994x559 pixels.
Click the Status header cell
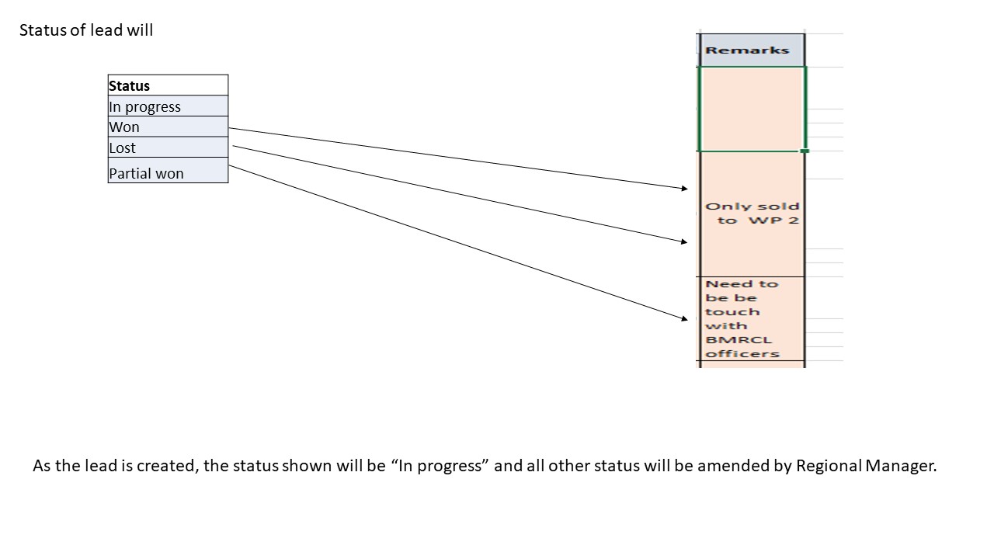point(168,85)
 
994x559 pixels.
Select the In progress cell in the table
point(168,106)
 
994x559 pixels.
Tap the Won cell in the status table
point(168,127)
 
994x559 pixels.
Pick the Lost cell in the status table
point(168,148)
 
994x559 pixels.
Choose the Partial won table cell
point(168,172)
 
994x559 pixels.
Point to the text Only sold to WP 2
point(752,214)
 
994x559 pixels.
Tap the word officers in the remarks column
point(742,354)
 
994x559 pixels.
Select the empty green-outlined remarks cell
point(752,109)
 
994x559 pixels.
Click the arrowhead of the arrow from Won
point(685,188)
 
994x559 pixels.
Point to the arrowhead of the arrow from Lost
point(685,242)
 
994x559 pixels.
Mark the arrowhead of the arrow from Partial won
point(685,318)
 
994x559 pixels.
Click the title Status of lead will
point(86,30)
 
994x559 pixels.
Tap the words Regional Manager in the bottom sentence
point(866,467)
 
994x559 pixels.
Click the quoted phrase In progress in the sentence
point(440,467)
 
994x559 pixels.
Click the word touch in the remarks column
point(732,312)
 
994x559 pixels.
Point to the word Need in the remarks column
point(722,284)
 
